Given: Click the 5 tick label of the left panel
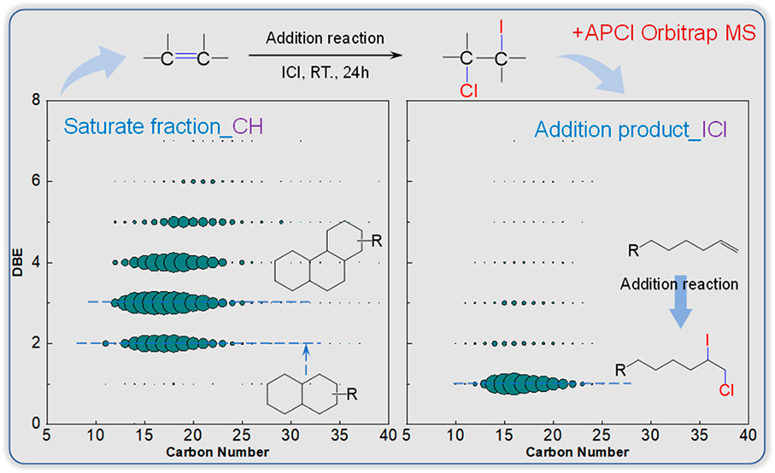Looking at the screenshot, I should [x=48, y=435].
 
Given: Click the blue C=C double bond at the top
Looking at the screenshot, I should [x=185, y=58].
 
